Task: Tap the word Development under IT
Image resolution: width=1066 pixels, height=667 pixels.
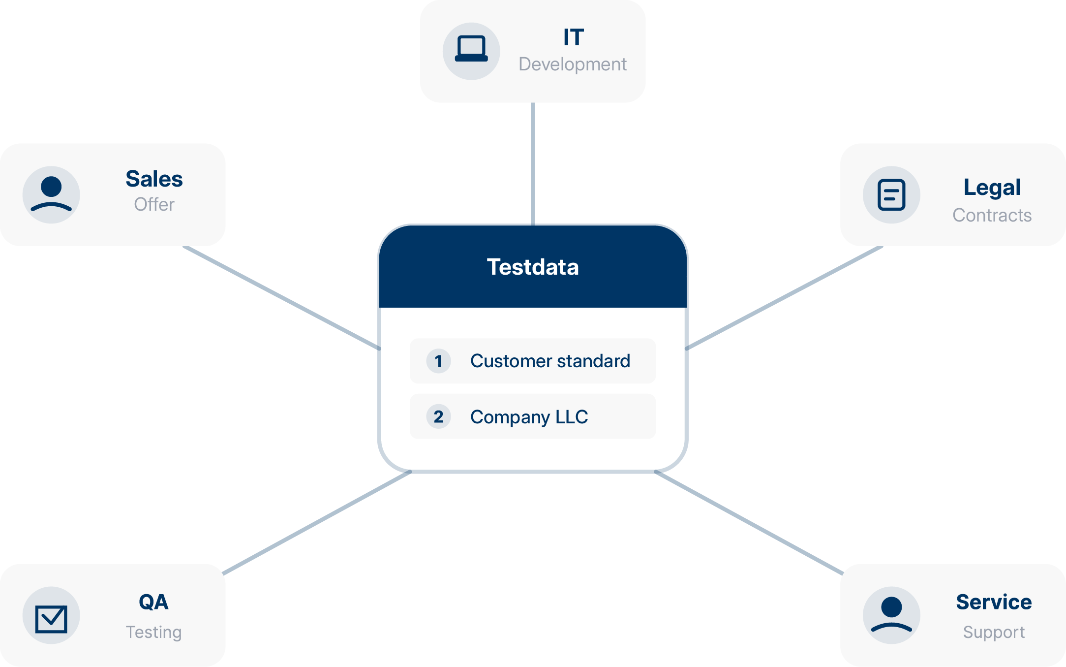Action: point(573,64)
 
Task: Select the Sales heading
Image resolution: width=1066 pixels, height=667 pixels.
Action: point(154,179)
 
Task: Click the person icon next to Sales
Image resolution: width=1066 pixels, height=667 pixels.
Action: point(51,194)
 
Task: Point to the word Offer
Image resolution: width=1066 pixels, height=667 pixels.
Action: point(154,205)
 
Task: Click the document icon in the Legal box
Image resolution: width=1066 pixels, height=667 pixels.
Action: point(891,195)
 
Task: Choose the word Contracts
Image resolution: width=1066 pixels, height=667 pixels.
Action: point(992,216)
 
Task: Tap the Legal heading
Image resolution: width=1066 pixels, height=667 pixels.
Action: point(992,188)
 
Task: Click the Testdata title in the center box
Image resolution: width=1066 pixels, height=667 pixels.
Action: point(533,267)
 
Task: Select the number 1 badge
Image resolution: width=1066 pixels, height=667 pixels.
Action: point(438,361)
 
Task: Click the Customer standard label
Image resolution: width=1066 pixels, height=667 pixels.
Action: point(550,361)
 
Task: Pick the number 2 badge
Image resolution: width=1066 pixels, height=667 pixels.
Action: point(438,417)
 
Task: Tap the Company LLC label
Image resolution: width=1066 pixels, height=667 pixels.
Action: point(529,417)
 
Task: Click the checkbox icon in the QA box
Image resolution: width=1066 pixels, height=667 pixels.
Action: point(51,618)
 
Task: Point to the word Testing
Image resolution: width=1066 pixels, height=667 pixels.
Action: point(153,632)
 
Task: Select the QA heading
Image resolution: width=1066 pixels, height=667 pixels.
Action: point(153,602)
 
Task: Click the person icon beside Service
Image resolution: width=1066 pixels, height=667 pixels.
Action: point(891,615)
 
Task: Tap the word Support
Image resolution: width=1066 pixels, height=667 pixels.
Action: point(994,632)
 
